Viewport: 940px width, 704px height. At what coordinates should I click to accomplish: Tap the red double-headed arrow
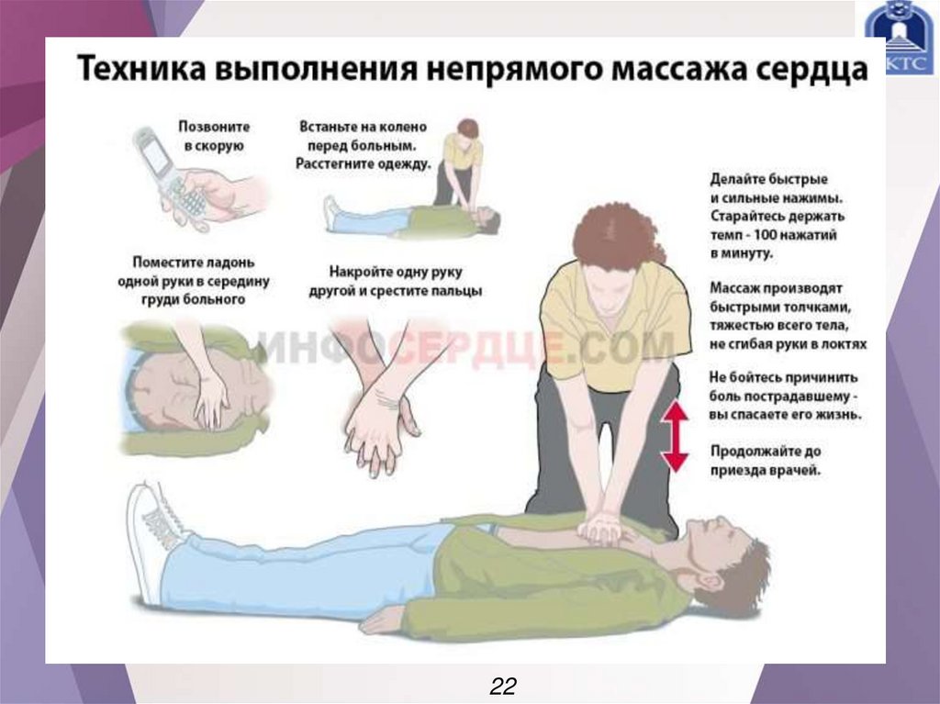click(x=676, y=436)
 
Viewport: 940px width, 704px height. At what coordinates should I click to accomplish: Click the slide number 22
click(x=503, y=686)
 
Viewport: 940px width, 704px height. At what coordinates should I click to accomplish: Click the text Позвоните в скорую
click(x=214, y=136)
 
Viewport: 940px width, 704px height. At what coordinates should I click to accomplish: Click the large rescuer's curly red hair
click(x=618, y=238)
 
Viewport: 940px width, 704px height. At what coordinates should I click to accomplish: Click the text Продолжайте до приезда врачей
click(x=766, y=461)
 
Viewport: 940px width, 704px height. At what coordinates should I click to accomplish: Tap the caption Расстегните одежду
click(x=364, y=164)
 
